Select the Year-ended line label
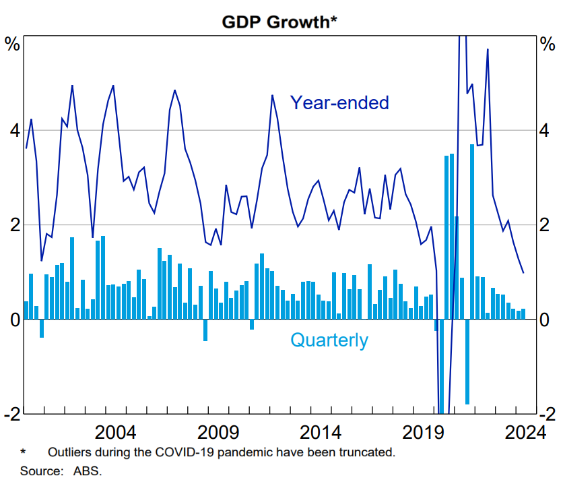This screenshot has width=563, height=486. pyautogui.click(x=339, y=102)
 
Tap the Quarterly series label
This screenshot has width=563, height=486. pyautogui.click(x=329, y=340)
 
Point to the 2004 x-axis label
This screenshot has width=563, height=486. pyautogui.click(x=116, y=432)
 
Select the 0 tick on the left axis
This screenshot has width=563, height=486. pyautogui.click(x=13, y=320)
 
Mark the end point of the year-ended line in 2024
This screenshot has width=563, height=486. pyautogui.click(x=523, y=272)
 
